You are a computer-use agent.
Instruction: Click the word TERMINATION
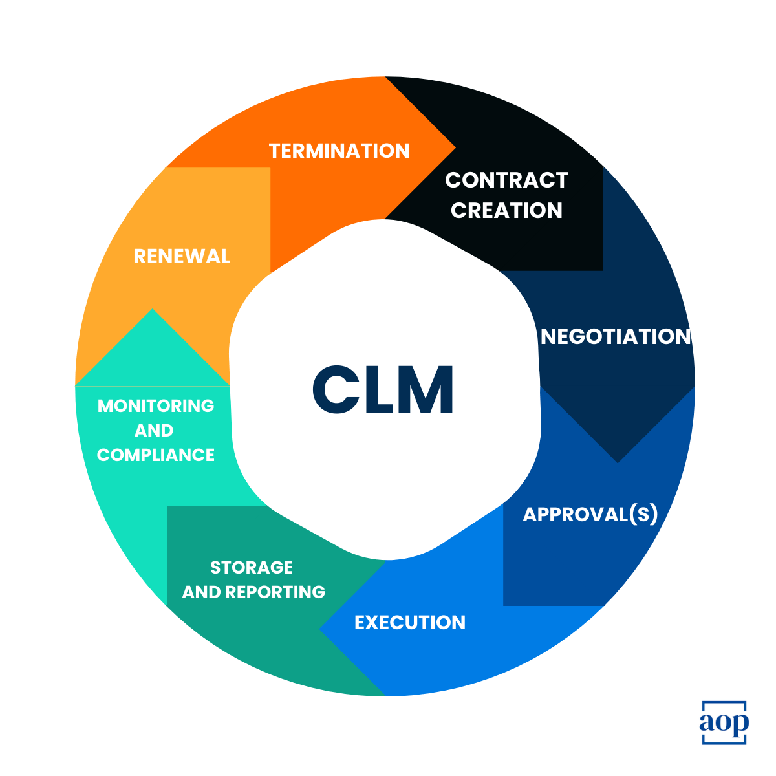pos(339,151)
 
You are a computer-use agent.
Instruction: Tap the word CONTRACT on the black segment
pos(506,180)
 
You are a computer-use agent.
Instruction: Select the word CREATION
pos(506,210)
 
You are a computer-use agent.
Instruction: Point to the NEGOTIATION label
pos(615,336)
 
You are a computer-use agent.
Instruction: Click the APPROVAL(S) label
pos(590,514)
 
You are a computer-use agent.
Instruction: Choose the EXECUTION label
pos(410,622)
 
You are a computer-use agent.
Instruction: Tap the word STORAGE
pos(252,567)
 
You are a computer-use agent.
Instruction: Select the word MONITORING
pos(156,405)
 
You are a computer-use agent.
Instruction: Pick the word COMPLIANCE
pos(156,455)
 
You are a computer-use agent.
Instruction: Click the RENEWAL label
pos(182,256)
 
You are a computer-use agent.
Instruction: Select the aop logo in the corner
pos(724,722)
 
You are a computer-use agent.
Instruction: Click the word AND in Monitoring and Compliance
pos(154,430)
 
